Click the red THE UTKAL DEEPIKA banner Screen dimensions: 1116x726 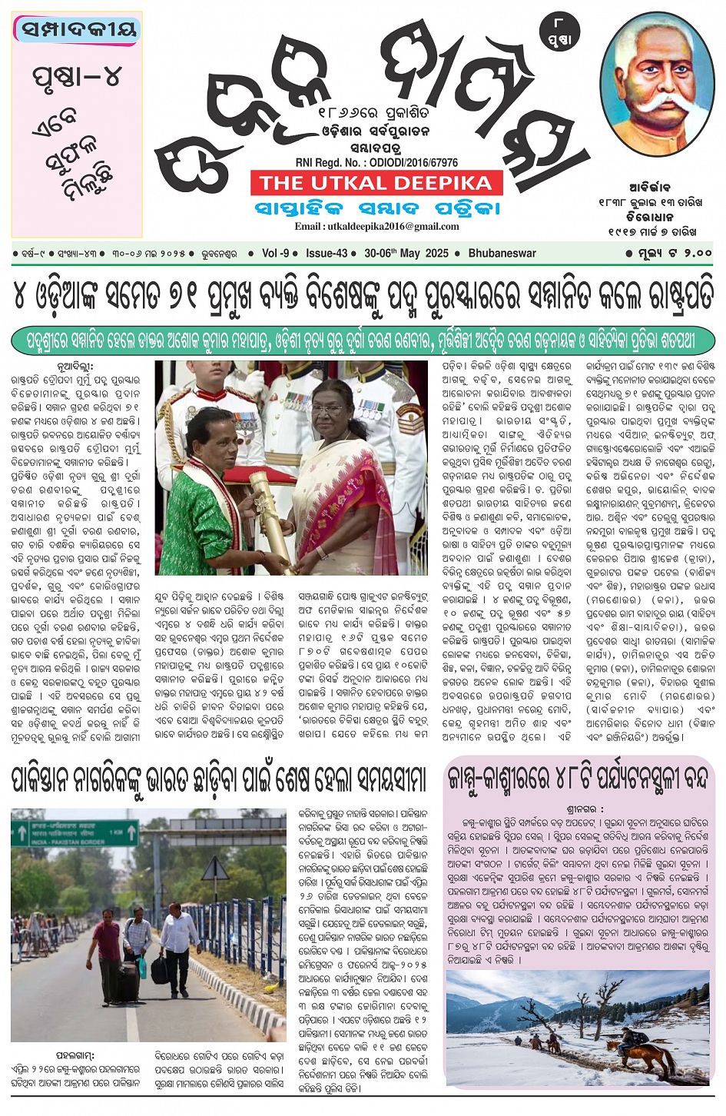click(376, 183)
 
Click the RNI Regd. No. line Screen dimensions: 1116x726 click(376, 163)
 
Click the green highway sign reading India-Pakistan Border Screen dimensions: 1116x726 click(75, 833)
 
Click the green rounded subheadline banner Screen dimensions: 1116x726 click(363, 340)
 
